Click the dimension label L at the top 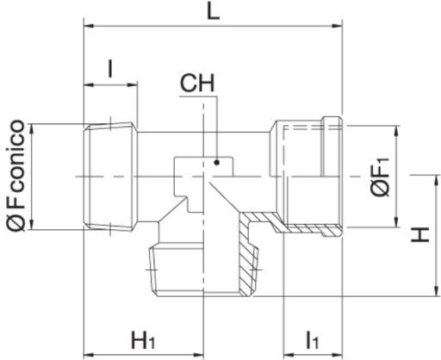[214, 10]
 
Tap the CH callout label [197, 84]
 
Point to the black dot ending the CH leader [217, 163]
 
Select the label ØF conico [16, 176]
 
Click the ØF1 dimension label [380, 177]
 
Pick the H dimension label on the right [420, 234]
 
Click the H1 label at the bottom [143, 341]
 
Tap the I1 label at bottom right [312, 341]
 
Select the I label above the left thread [110, 69]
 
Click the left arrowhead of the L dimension [89, 26]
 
